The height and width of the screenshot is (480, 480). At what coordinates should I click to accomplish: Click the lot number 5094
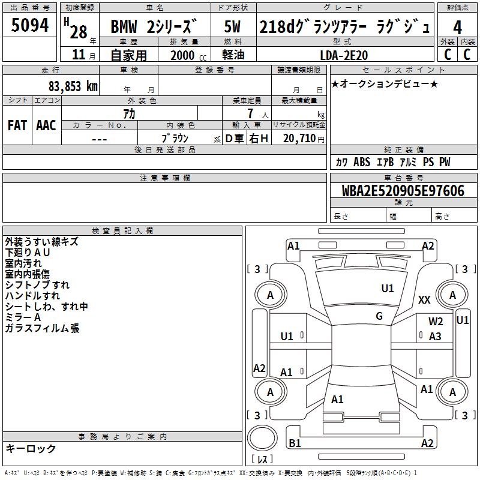30,26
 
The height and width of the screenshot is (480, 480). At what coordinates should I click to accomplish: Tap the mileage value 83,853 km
73,86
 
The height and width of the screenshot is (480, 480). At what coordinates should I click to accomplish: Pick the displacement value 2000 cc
186,55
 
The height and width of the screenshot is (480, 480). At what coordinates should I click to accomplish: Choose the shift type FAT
17,125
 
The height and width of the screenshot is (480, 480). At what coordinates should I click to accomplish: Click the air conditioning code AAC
46,125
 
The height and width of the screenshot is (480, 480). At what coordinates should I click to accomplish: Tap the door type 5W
232,27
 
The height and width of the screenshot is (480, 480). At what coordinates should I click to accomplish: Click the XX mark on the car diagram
424,300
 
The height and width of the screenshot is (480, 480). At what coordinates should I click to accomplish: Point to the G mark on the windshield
379,316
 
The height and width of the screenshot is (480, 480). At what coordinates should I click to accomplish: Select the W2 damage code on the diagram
436,322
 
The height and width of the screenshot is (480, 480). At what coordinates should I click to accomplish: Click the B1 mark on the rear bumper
295,443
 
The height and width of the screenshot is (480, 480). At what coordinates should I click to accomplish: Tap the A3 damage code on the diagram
435,337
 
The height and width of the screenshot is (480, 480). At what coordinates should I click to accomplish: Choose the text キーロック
31,448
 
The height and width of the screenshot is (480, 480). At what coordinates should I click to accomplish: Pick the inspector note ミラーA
23,317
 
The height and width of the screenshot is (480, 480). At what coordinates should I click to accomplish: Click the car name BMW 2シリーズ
154,27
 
